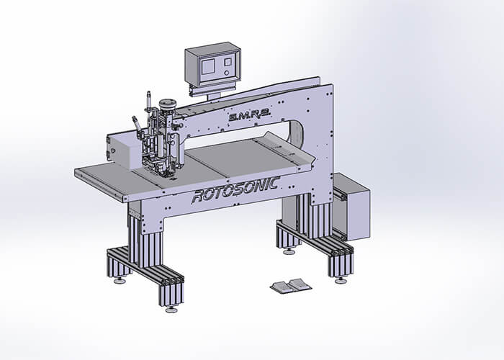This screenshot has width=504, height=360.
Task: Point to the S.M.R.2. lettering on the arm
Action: point(250,114)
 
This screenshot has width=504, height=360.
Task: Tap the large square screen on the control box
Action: point(208,67)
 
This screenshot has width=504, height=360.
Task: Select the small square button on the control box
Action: point(228,61)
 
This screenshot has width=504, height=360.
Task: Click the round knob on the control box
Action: point(227,73)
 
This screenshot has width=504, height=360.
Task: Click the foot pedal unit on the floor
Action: point(291,285)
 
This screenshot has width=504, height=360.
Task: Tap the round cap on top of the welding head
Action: point(168,103)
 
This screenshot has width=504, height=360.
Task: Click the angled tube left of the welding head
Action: point(136,124)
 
